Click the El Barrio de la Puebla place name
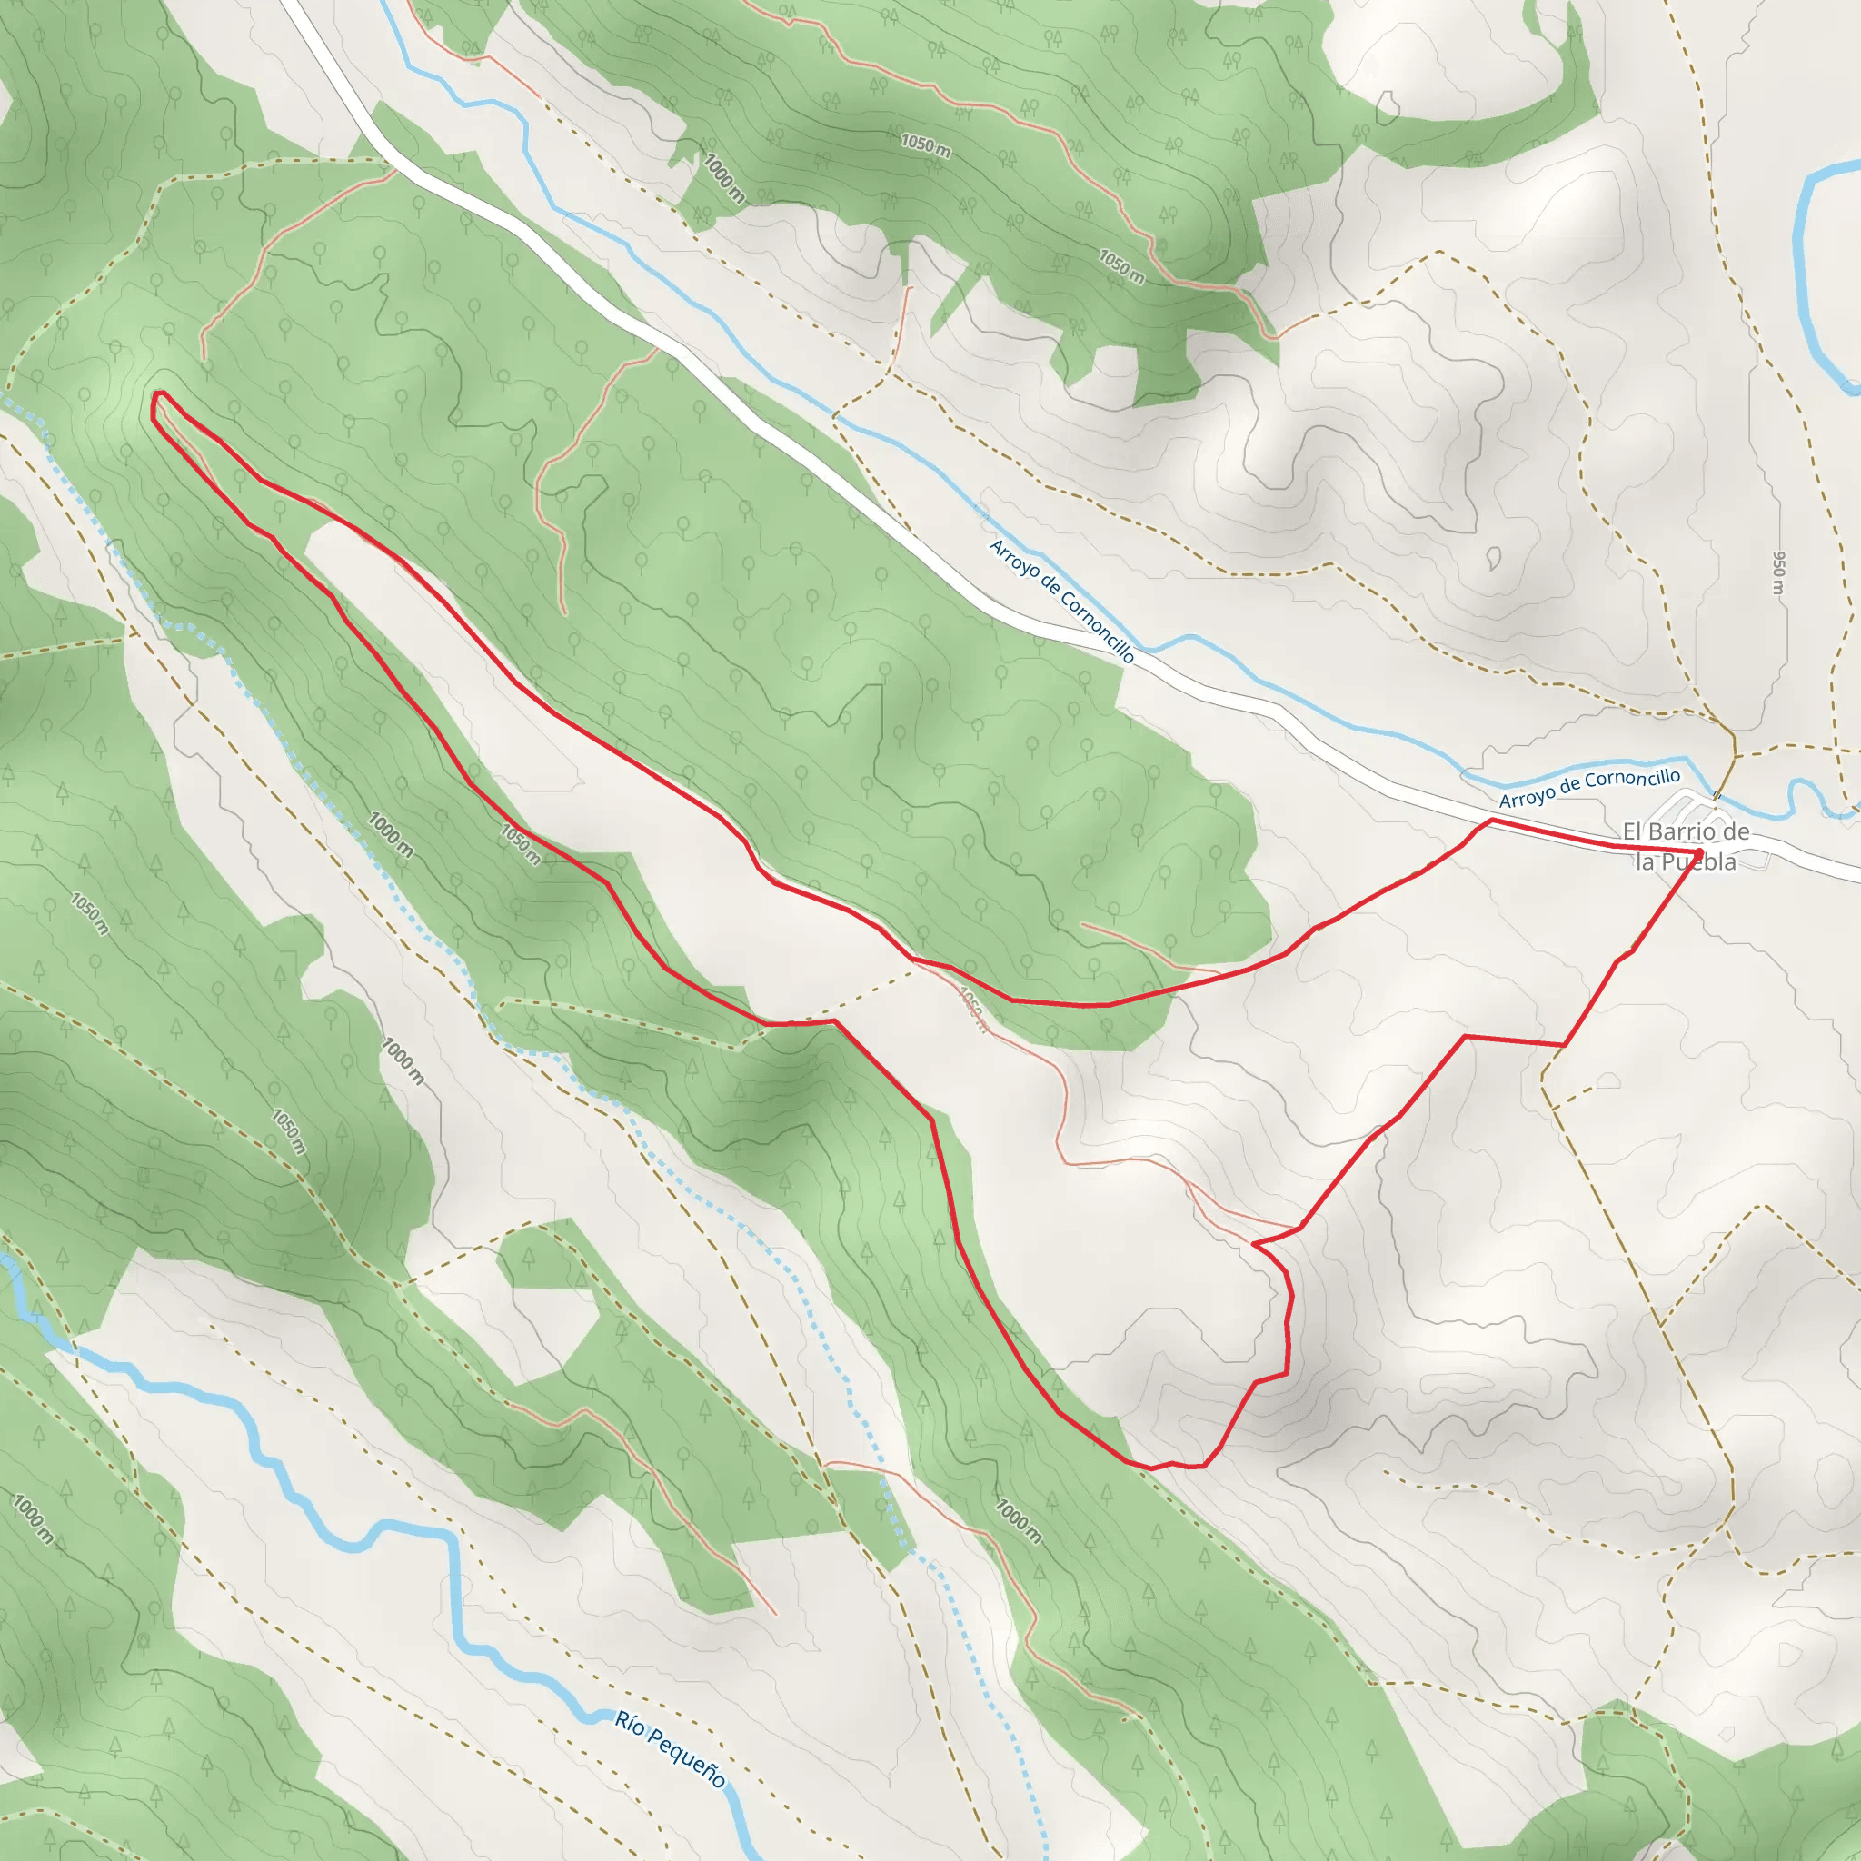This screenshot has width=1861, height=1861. click(1686, 846)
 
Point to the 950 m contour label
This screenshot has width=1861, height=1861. click(1779, 572)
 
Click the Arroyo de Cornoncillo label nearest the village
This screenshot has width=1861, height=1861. click(1589, 787)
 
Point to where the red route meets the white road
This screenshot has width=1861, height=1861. click(1492, 821)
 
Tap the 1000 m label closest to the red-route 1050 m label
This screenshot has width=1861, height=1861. click(391, 834)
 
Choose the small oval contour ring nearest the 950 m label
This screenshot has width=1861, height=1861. click(1493, 558)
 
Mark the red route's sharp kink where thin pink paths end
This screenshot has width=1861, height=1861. click(1254, 1245)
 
